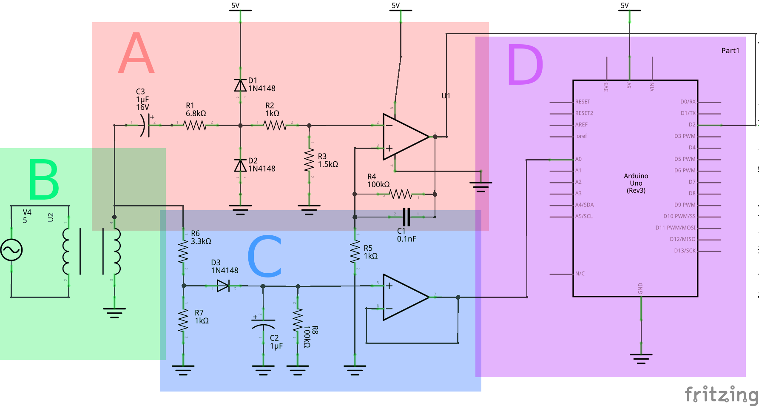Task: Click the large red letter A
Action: [136, 53]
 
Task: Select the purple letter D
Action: [525, 65]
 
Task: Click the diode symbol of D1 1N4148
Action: [240, 86]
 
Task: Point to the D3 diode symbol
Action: [223, 286]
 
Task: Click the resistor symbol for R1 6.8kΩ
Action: [195, 125]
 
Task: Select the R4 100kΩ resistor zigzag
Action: [401, 194]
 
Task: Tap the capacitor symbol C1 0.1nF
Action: [406, 217]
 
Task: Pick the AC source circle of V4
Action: [11, 250]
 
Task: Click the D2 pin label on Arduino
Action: [692, 125]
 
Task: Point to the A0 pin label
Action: [578, 159]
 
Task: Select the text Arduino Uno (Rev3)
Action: [636, 183]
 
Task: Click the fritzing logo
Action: [721, 395]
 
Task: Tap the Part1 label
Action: [730, 51]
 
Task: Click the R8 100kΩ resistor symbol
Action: [298, 320]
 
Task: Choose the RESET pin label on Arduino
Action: [583, 102]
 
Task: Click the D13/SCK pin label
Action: [684, 251]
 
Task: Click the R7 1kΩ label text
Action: [202, 317]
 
